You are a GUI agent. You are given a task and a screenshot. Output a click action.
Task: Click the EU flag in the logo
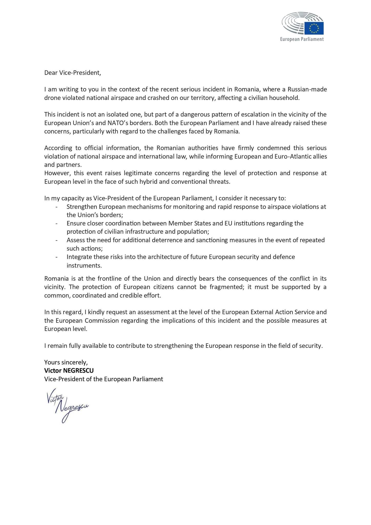point(314,28)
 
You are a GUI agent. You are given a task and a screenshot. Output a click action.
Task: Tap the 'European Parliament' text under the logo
point(302,39)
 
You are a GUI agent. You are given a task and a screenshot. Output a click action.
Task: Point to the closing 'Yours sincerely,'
point(66,362)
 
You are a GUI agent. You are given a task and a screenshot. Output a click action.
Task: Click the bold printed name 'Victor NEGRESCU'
point(69,371)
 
